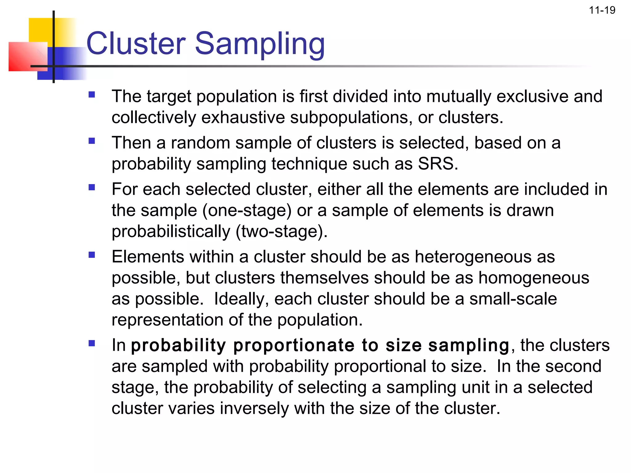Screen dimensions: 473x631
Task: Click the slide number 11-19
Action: point(602,10)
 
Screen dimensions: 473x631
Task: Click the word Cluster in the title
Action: point(136,44)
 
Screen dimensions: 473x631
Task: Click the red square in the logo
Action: point(25,57)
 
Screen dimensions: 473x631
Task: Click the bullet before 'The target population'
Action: point(92,95)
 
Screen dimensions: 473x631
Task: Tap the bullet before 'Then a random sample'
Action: point(92,141)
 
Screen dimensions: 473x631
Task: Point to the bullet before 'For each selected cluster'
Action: point(92,187)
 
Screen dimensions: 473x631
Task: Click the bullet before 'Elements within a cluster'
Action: point(92,255)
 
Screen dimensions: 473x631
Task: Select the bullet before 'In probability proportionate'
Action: point(92,343)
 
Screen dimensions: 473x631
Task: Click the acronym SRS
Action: point(438,164)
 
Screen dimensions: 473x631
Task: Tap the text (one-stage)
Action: point(247,211)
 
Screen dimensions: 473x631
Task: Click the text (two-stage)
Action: point(281,232)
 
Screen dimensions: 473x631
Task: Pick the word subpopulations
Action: point(351,118)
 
